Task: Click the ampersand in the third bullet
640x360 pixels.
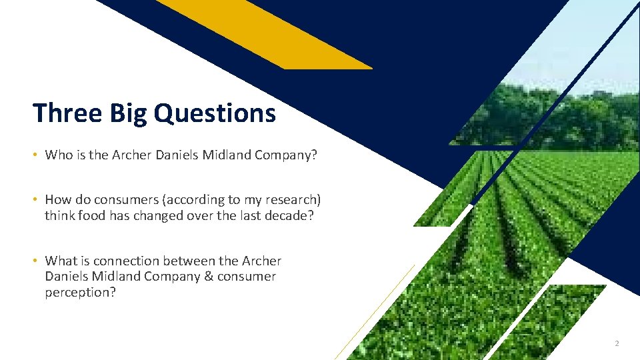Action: (206, 277)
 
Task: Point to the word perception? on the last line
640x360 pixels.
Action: (80, 292)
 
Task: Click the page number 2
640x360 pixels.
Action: (617, 343)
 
